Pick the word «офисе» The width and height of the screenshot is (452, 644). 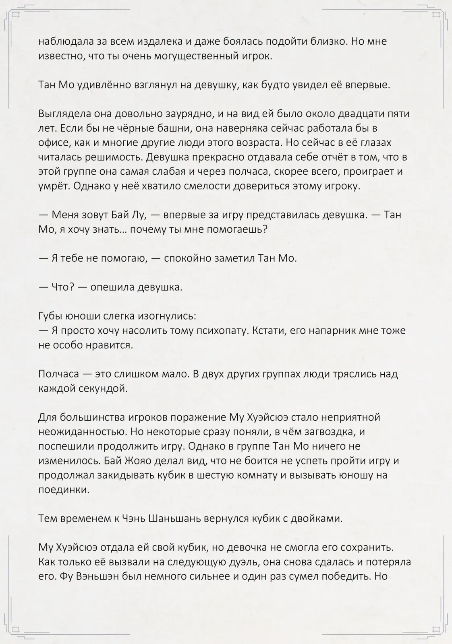point(51,143)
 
